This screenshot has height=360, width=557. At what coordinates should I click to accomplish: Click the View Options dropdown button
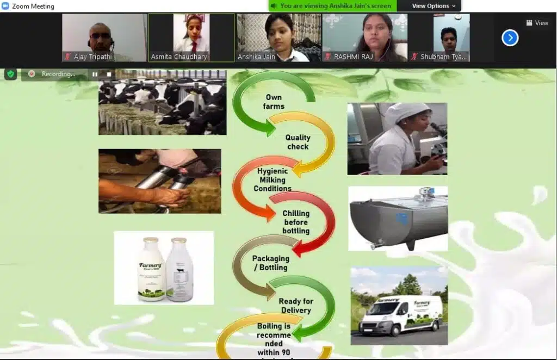click(x=434, y=6)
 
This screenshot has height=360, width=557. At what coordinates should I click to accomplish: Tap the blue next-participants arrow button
click(x=510, y=38)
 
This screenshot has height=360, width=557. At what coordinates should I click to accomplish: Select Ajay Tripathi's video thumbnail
click(x=104, y=36)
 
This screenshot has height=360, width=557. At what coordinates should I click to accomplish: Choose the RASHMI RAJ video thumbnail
click(x=364, y=36)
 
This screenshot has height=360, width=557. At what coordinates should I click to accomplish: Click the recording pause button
click(x=95, y=74)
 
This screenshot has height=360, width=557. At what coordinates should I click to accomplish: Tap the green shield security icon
click(x=10, y=74)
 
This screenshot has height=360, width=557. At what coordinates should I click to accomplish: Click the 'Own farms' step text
click(x=274, y=102)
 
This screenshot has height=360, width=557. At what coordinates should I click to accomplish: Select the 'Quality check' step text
click(x=298, y=142)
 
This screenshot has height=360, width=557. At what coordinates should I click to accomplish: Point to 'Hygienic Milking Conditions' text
click(x=273, y=179)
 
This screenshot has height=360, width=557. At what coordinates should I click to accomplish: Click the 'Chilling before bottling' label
click(x=296, y=222)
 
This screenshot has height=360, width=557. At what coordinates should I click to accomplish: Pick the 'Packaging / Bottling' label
click(x=270, y=263)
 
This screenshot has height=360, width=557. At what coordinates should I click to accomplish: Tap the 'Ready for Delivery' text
click(x=296, y=306)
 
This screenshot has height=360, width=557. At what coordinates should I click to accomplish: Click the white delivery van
click(x=402, y=315)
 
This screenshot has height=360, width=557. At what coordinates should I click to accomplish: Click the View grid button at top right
click(x=537, y=23)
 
